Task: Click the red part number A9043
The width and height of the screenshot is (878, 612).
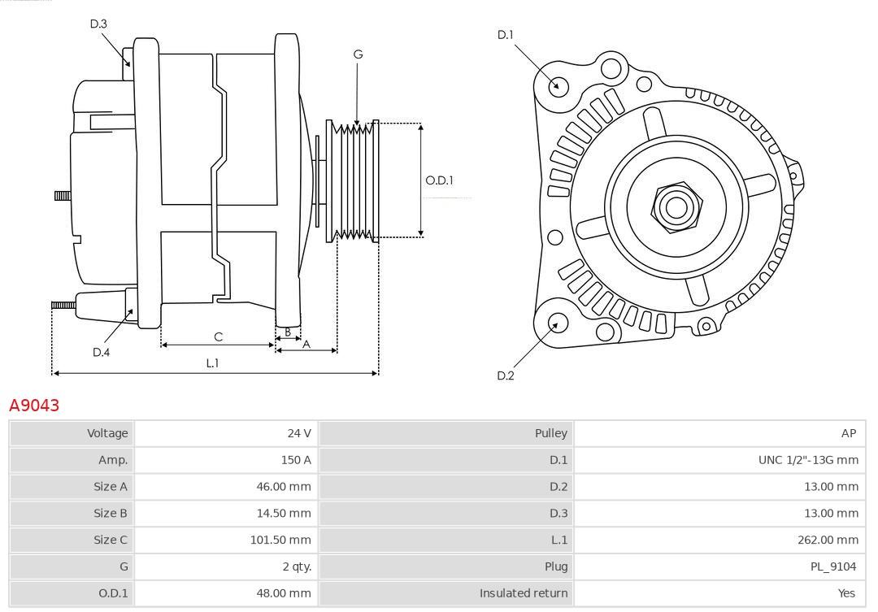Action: point(34,405)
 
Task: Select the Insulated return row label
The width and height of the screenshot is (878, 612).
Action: point(524,593)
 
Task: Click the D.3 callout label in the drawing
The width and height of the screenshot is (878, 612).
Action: point(98,24)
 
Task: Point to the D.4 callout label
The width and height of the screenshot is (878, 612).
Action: point(101,352)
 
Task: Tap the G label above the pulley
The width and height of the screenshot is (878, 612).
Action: point(358,54)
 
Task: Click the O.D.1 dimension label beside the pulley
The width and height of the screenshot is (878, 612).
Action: point(439,180)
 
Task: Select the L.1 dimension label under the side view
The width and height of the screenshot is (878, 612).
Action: point(212,363)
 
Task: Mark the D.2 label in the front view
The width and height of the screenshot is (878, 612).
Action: point(506,375)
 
